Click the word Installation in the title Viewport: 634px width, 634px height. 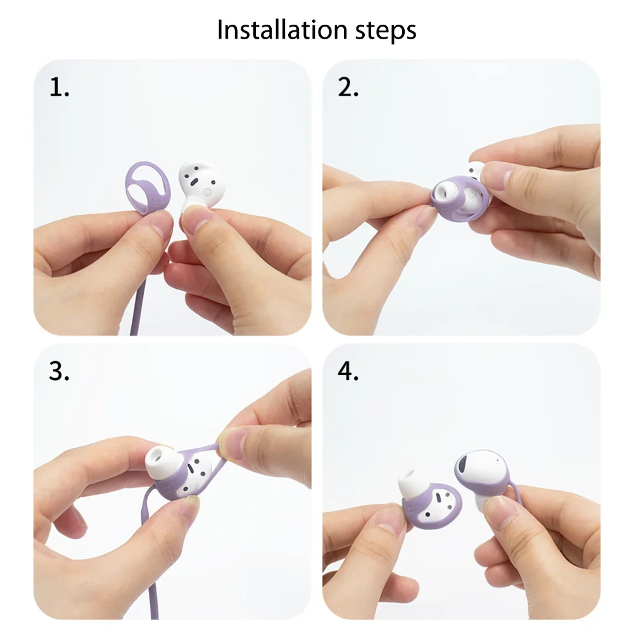tap(274, 30)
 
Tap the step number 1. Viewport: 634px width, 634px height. tap(59, 88)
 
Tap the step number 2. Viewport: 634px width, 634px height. tap(348, 88)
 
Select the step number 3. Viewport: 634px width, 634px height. tap(59, 372)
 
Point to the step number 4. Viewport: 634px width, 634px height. tap(348, 372)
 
